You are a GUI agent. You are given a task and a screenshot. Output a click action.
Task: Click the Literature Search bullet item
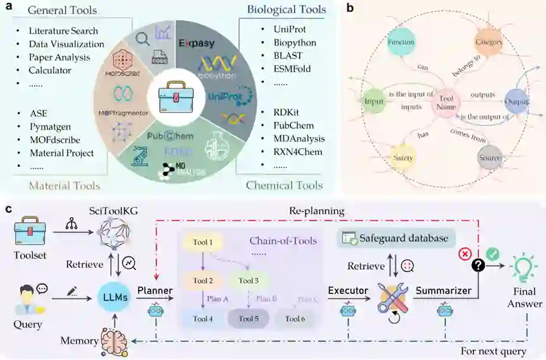tap(62, 30)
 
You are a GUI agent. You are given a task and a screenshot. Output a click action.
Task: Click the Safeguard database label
tap(403, 239)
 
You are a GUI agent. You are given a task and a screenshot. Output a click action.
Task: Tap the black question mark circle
tap(478, 267)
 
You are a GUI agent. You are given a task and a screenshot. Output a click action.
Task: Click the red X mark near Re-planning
tap(465, 254)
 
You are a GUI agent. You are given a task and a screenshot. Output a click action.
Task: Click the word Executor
tap(348, 290)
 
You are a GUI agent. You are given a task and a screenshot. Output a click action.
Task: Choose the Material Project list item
tap(61, 153)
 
